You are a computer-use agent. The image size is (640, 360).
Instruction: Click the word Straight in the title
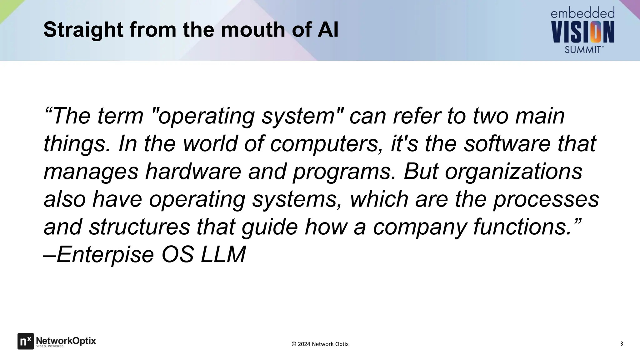(83, 30)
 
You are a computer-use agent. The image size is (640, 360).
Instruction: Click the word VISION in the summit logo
(583, 32)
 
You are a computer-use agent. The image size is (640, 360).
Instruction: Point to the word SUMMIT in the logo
(583, 49)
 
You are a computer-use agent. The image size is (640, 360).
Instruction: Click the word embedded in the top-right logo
(582, 13)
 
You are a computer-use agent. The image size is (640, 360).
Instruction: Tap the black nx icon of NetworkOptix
(25, 341)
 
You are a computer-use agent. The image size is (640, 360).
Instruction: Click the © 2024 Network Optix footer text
(320, 344)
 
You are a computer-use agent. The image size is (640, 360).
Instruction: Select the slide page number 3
(621, 344)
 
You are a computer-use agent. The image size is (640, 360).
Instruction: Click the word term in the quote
(120, 116)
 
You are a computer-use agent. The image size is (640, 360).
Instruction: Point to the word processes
(546, 199)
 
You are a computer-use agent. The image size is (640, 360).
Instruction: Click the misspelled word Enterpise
(105, 254)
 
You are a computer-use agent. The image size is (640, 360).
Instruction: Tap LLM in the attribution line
(223, 254)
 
